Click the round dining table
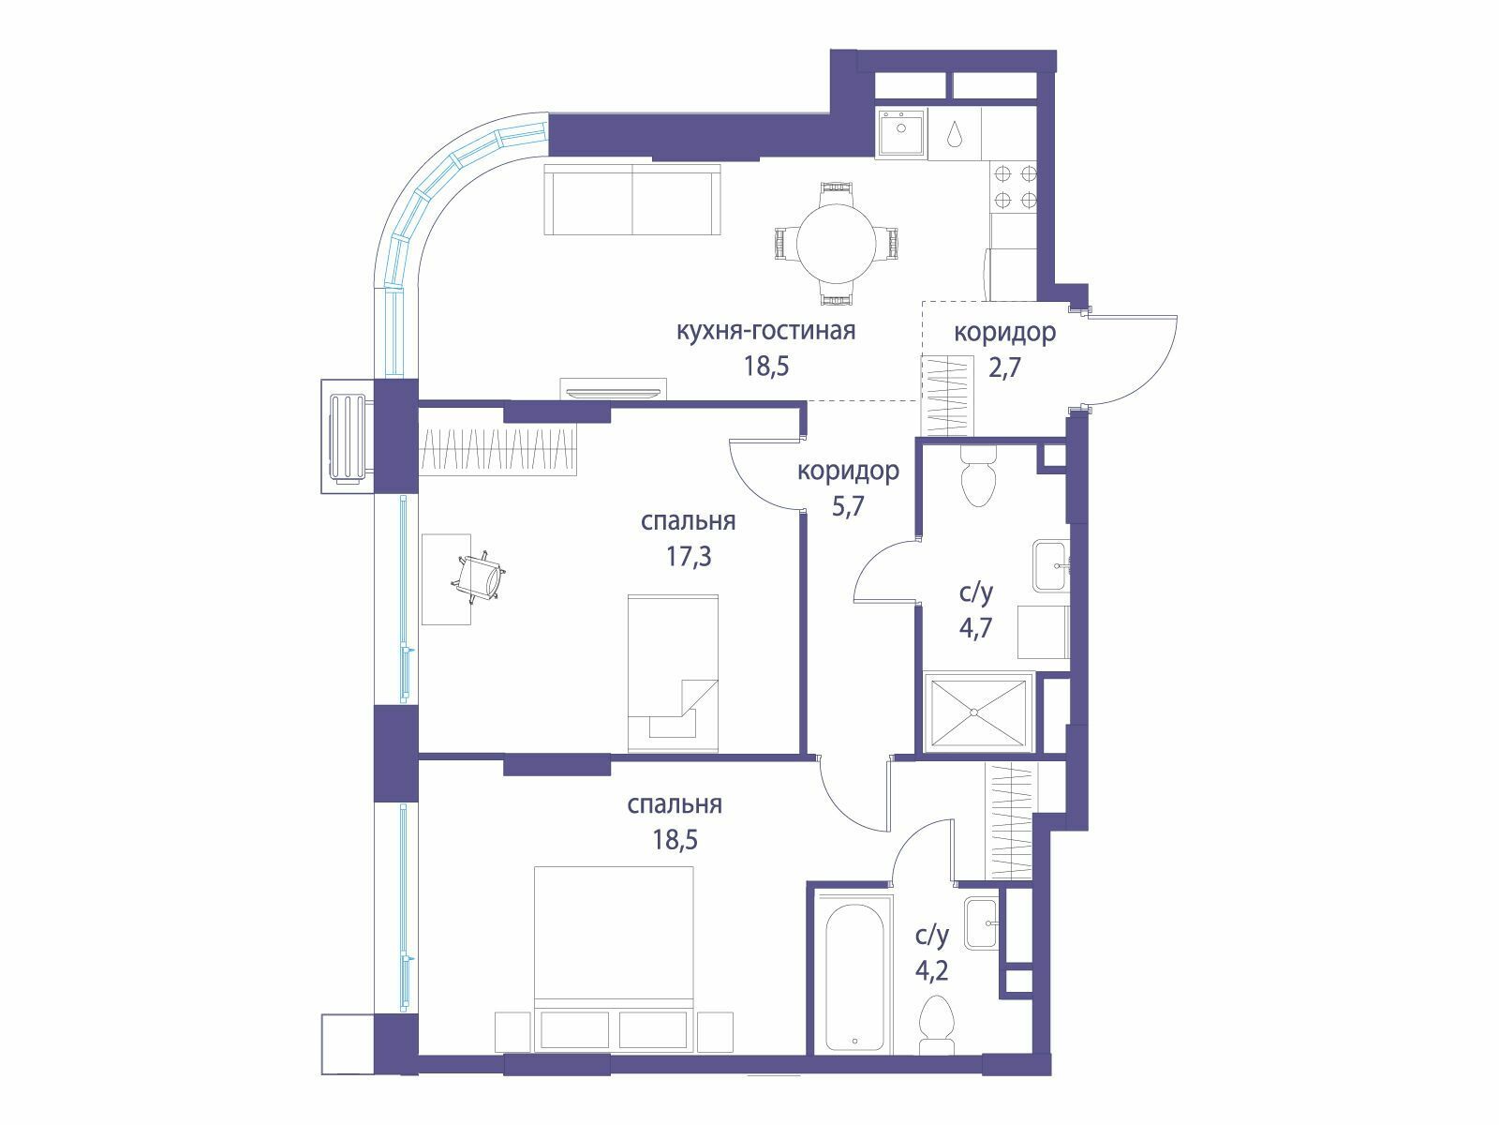click(x=837, y=243)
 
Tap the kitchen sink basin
click(x=900, y=132)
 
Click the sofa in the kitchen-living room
click(x=632, y=199)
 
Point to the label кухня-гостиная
click(x=765, y=331)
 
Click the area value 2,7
click(x=1004, y=367)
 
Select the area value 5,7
click(x=848, y=506)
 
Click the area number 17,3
click(x=689, y=557)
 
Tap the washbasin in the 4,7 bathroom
click(x=1050, y=565)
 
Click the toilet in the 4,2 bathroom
click(x=936, y=1033)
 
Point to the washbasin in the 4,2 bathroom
click(x=981, y=922)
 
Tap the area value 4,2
click(x=931, y=970)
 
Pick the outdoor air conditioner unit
click(x=349, y=437)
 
